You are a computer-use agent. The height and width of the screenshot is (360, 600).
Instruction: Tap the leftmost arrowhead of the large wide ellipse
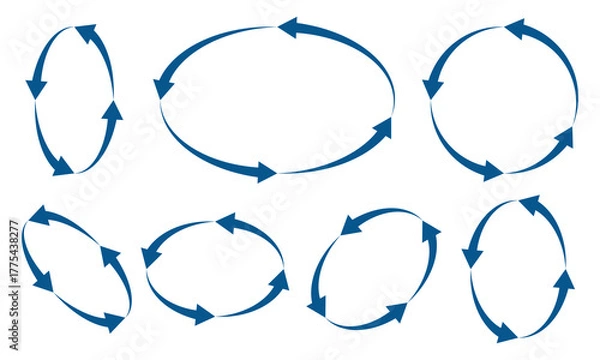163,88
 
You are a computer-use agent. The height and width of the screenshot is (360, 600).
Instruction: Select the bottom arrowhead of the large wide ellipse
264,172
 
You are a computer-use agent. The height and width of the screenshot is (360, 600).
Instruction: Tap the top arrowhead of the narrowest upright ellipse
85,33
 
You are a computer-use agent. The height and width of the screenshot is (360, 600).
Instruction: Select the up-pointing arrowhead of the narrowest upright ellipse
112,111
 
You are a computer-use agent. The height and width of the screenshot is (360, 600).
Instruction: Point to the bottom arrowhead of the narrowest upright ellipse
62,165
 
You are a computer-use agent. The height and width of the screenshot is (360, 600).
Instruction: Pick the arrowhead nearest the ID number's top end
40,215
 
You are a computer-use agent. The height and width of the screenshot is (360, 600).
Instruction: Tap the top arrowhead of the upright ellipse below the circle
528,206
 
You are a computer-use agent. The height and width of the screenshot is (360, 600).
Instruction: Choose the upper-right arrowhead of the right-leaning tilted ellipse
430,233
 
